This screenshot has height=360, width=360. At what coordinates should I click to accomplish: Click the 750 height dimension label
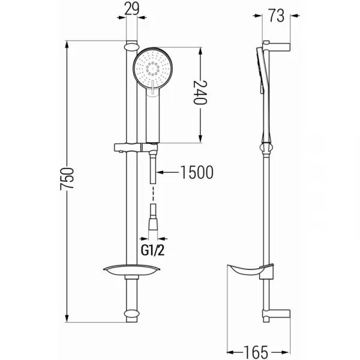pos(67,179)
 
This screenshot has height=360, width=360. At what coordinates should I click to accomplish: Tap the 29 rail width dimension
pos(132,9)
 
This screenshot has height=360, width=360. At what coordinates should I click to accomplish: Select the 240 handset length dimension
pos(200,92)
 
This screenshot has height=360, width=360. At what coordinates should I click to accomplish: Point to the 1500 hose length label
pos(197,172)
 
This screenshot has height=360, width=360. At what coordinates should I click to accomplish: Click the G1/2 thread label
pos(152,250)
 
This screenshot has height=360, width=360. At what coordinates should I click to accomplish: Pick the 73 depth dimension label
pos(277,16)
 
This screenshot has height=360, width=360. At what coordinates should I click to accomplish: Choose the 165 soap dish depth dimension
pos(256,352)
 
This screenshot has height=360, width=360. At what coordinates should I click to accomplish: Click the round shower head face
pos(152,68)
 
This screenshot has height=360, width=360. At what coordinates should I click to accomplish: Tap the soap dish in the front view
pos(132,270)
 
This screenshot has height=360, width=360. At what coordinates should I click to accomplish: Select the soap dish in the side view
pos(250,271)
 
